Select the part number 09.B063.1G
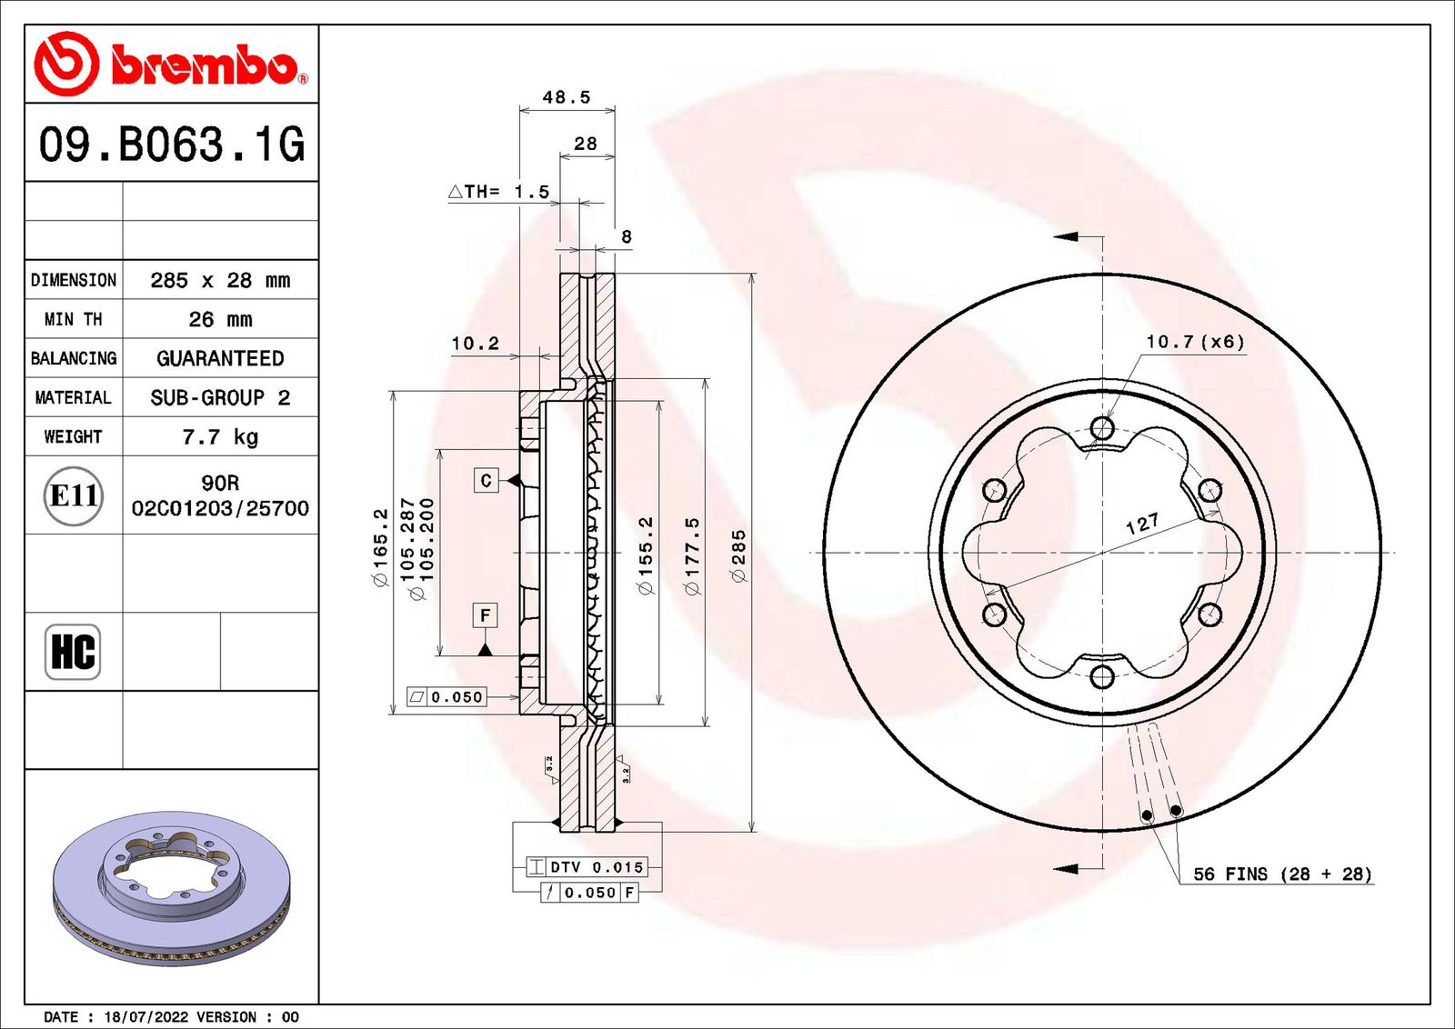(x=172, y=144)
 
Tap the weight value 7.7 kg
(x=220, y=437)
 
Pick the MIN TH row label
(x=74, y=319)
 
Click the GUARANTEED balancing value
(x=220, y=358)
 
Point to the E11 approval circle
(x=74, y=496)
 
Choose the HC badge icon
(x=73, y=652)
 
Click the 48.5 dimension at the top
(x=567, y=97)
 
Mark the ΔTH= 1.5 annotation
(x=499, y=192)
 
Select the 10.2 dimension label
(x=476, y=344)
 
